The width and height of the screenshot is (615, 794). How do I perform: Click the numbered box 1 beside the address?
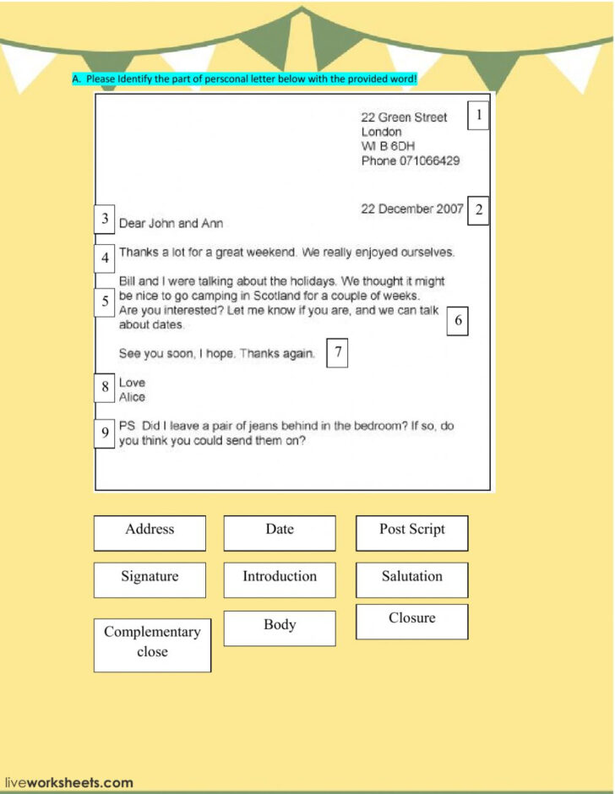479,116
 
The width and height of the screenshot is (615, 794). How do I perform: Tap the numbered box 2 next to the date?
479,210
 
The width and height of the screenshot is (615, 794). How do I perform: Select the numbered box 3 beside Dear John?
105,220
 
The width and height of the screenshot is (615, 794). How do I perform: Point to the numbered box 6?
458,321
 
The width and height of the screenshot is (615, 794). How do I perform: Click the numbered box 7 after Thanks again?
338,352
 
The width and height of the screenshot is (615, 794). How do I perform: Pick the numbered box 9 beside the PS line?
105,433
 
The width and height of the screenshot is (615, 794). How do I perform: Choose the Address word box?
150,533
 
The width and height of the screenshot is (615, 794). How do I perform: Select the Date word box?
280,533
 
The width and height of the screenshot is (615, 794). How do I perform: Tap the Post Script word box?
411,533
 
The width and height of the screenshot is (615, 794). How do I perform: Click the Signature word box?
150,580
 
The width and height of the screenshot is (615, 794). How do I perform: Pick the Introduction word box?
280,580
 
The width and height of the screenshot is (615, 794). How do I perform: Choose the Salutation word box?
411,580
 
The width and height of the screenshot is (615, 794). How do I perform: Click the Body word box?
280,628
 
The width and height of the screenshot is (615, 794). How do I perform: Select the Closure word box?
411,622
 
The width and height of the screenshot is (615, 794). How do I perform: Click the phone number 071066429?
429,160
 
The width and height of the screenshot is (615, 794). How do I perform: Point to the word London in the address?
381,132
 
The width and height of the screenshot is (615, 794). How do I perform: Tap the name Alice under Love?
132,397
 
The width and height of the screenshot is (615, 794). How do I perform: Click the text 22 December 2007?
411,209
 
